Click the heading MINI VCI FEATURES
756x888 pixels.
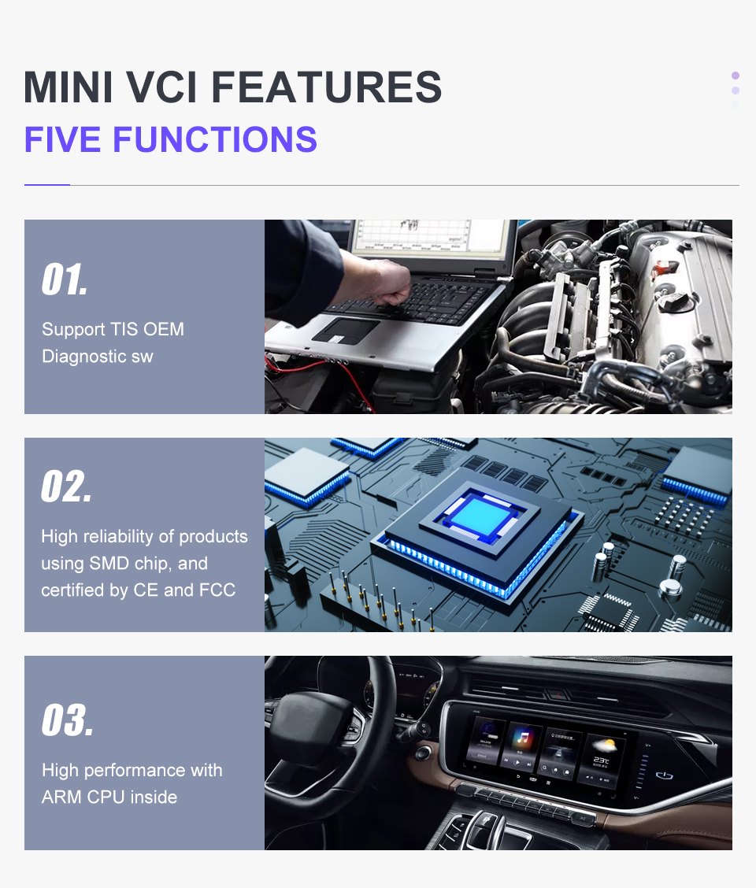tap(232, 87)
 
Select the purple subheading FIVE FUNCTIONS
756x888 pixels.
tap(170, 139)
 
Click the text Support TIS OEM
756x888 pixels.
tap(113, 329)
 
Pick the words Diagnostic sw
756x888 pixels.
tap(97, 357)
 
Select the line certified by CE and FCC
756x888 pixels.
tap(138, 590)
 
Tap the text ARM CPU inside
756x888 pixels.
tap(109, 797)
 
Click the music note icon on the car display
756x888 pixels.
tap(521, 738)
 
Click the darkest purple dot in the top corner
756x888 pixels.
tap(736, 76)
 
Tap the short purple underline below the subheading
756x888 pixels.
tap(47, 185)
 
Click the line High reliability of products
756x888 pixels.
tap(144, 536)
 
